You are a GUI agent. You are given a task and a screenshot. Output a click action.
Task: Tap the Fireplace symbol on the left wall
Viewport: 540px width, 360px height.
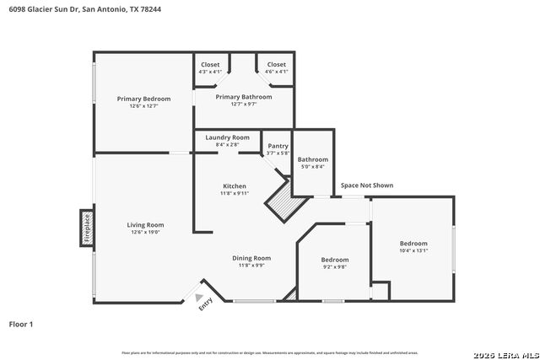point(87,228)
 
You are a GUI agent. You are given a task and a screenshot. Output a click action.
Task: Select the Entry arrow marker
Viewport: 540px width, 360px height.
point(200,298)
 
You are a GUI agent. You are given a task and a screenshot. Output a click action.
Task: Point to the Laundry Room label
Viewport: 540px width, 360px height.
point(227,137)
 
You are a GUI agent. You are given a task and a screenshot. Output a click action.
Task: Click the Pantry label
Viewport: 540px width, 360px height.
point(278,146)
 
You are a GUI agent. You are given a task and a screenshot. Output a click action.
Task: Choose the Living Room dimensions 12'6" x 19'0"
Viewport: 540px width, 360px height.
point(145,233)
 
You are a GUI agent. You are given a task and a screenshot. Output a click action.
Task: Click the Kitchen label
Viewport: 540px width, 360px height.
point(235,186)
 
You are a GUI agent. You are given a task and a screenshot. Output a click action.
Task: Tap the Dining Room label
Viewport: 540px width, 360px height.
point(251,258)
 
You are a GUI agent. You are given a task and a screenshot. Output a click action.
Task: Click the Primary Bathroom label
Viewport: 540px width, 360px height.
point(244,97)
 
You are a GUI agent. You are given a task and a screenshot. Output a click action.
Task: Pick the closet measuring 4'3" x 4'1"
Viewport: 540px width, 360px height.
point(210,67)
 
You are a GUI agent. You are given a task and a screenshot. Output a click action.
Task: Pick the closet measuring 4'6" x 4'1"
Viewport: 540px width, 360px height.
point(277,67)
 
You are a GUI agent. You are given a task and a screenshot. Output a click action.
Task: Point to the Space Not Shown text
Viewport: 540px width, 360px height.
point(366,185)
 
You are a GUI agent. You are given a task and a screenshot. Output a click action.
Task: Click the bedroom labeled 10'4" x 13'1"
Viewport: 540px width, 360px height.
point(413,246)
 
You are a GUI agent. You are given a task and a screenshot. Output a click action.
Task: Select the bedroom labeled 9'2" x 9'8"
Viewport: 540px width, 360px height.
point(335,263)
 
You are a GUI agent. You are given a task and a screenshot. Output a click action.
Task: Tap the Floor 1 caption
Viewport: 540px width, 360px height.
point(21,324)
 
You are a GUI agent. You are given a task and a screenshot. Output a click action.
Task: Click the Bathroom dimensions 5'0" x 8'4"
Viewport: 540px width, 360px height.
point(312,167)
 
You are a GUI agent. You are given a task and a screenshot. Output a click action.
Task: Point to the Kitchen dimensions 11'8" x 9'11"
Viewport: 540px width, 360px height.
point(235,194)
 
